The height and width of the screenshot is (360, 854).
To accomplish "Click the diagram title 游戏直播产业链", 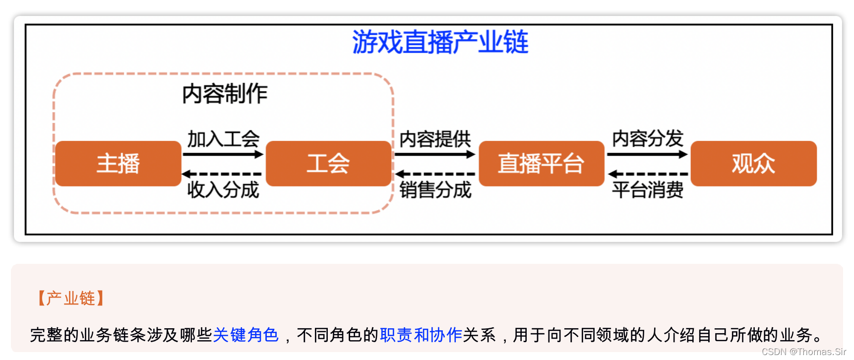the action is (x=440, y=42).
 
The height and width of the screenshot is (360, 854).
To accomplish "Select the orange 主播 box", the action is (x=118, y=164).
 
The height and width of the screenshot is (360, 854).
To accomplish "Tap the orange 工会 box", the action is (x=328, y=164).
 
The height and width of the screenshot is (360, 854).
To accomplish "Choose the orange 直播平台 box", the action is (x=541, y=164).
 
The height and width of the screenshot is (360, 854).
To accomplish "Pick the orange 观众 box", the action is (x=753, y=164).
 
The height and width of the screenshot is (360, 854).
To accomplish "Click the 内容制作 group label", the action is (x=225, y=94).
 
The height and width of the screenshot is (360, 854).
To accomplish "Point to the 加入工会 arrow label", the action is (x=223, y=139).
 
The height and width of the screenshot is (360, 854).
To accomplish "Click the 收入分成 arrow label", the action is (x=223, y=189).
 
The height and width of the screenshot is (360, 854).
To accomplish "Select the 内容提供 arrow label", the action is (x=435, y=139).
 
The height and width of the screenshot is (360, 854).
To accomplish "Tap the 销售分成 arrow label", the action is (x=435, y=189).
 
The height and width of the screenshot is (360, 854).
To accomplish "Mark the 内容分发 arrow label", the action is (x=648, y=138).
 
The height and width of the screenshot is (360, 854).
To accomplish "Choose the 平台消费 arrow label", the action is (x=648, y=189).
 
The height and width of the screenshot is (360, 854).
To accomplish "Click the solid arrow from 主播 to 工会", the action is (x=223, y=154).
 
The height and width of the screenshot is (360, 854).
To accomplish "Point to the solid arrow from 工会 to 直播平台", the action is (x=435, y=154).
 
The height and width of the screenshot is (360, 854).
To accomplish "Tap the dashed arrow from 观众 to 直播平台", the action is (x=648, y=174).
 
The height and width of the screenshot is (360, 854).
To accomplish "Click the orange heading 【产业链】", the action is (x=70, y=298).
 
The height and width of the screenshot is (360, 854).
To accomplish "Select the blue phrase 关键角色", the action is (x=245, y=335).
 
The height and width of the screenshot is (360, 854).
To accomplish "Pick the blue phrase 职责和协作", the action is (x=421, y=335).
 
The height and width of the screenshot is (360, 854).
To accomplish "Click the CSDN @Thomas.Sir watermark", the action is (x=803, y=352).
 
